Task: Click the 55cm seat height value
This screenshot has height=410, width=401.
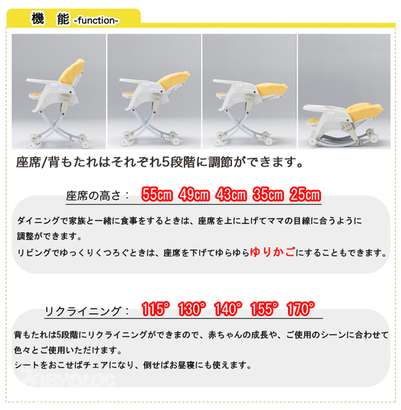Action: (157, 195)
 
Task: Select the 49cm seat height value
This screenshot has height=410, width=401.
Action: (194, 195)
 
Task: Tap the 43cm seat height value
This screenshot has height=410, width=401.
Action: (231, 195)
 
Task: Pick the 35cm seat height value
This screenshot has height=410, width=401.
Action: (268, 195)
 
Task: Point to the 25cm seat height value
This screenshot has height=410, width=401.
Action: (305, 195)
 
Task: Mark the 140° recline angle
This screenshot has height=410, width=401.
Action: (228, 309)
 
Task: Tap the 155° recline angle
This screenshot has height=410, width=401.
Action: (264, 309)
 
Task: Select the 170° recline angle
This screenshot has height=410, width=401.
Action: (300, 309)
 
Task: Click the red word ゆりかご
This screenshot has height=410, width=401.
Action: (272, 251)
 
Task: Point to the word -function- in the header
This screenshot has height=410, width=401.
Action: (96, 20)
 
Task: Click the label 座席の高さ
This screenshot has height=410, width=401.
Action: (93, 196)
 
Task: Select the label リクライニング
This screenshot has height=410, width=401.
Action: (83, 311)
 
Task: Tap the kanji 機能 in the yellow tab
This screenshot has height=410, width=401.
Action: (50, 19)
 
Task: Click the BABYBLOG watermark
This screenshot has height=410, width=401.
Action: (69, 379)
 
